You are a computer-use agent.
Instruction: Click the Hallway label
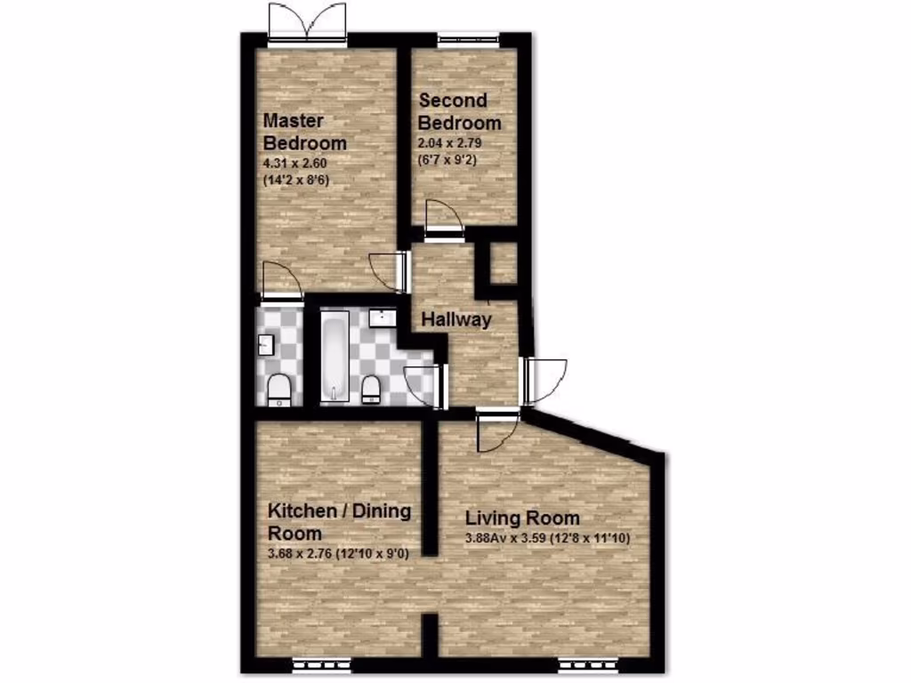click(455, 319)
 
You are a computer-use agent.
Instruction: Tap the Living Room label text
click(522, 518)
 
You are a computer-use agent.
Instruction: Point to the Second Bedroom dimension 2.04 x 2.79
click(450, 143)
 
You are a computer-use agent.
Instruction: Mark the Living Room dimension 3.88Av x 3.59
click(508, 539)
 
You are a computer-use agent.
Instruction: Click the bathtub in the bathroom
click(334, 355)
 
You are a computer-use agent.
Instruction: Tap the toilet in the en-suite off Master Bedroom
click(279, 389)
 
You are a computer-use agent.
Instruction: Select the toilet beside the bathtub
click(372, 388)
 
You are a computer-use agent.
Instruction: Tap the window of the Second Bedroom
click(468, 38)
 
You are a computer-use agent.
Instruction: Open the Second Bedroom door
click(444, 222)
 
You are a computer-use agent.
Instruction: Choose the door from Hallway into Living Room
click(496, 430)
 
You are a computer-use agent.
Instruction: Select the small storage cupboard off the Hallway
click(504, 264)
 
